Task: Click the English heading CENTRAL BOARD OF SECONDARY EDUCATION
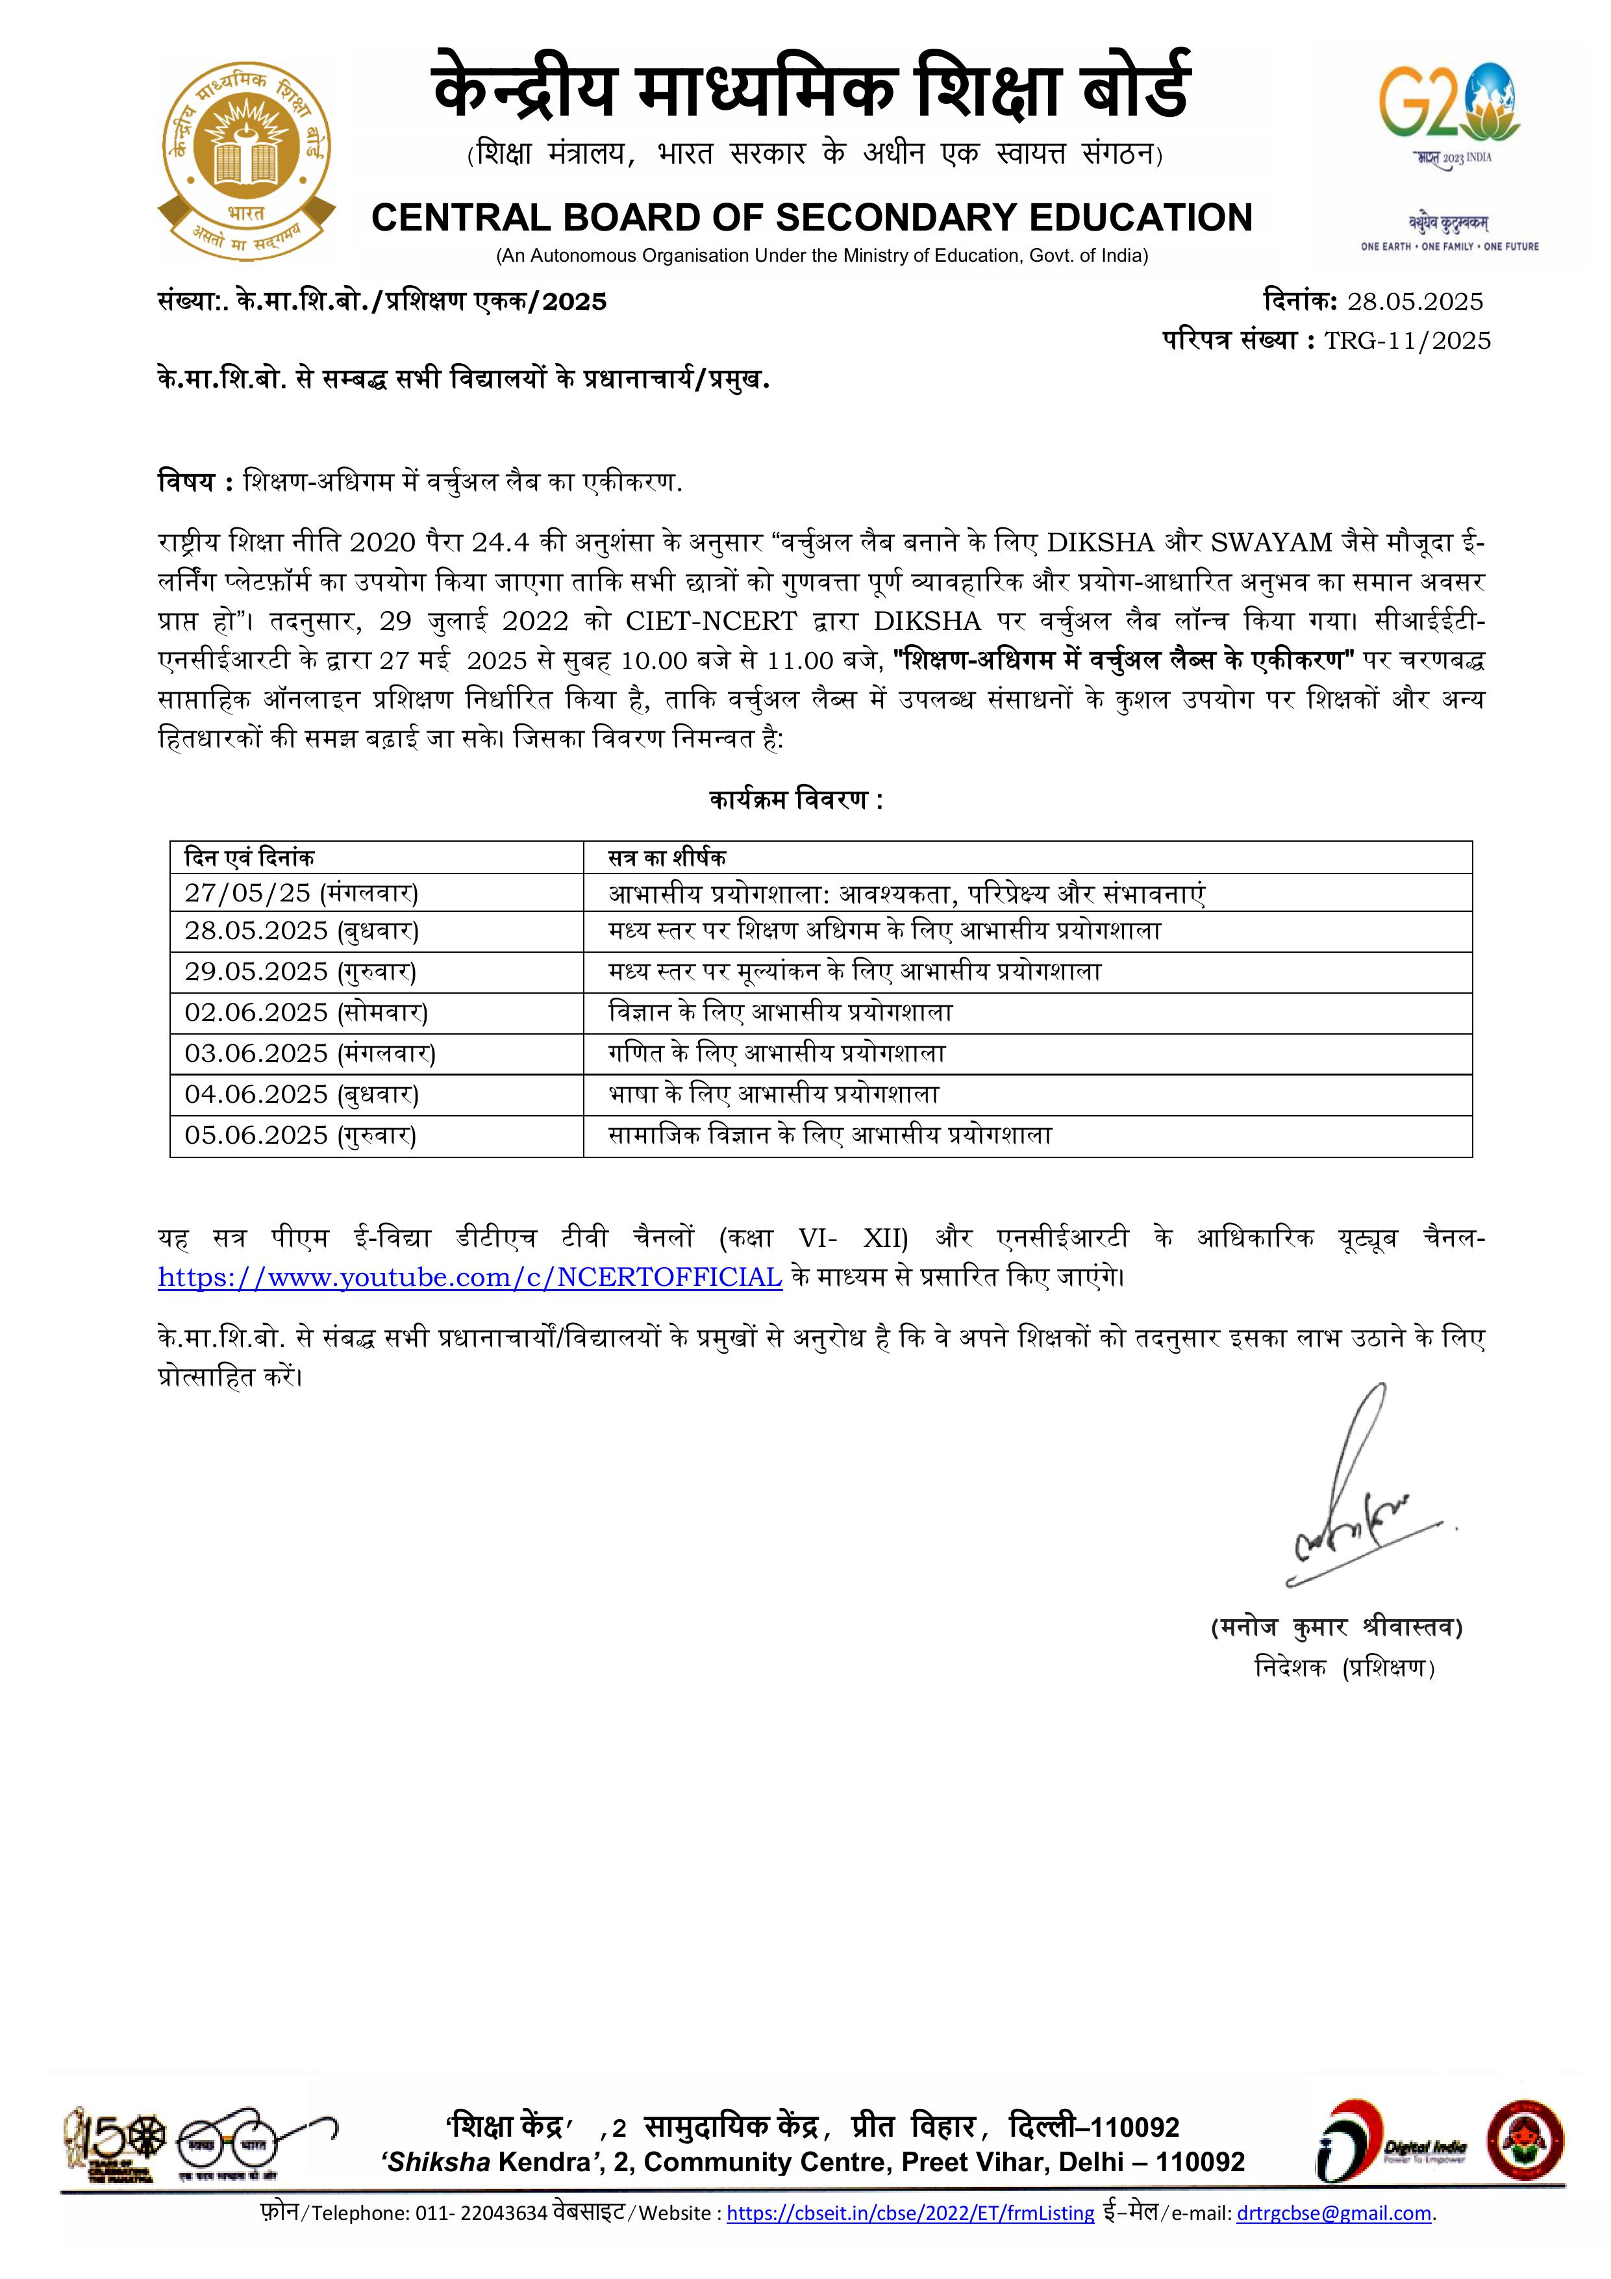811,218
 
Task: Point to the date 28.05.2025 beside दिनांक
1414,302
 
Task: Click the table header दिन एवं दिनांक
249,857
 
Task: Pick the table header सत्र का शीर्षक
667,857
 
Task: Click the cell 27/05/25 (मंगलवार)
301,892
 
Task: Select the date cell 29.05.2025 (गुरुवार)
300,971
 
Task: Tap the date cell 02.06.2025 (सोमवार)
306,1013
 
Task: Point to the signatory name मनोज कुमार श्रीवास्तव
1336,1627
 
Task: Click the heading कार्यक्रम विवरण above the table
795,800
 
